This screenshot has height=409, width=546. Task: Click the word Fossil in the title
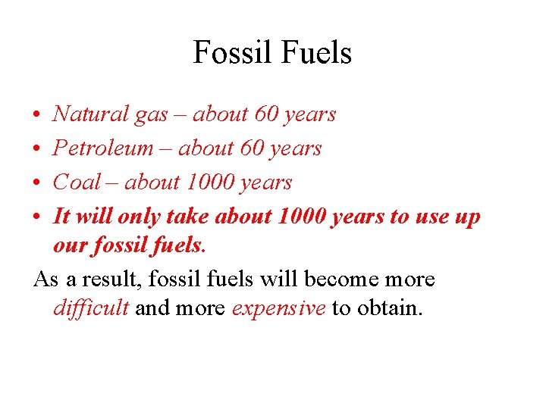(x=229, y=53)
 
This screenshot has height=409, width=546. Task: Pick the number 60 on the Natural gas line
(x=267, y=114)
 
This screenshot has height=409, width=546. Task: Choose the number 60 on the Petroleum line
(x=253, y=148)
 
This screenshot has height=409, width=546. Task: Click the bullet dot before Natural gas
(x=37, y=115)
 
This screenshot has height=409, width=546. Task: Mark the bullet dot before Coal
(x=37, y=183)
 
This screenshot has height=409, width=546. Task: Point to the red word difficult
(x=91, y=309)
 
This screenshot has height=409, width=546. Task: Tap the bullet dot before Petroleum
(x=37, y=149)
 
